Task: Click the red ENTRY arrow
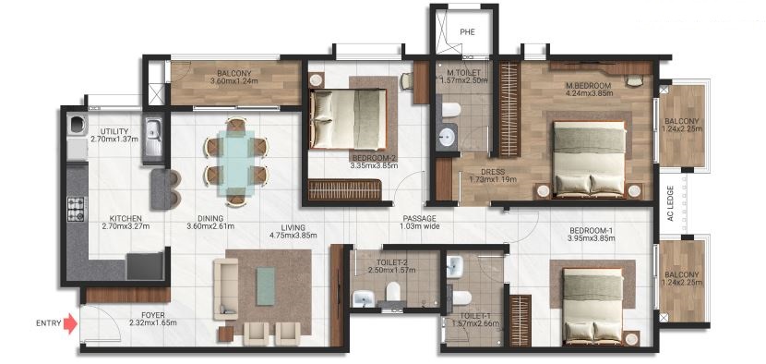(71, 323)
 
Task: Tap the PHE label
(467, 32)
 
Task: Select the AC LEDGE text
(671, 203)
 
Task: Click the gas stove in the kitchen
(76, 210)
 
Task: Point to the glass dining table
(236, 163)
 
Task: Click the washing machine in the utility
(78, 125)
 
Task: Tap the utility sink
(153, 137)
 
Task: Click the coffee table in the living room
(266, 285)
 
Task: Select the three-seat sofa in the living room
(226, 289)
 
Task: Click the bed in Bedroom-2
(348, 119)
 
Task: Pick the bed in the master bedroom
(590, 160)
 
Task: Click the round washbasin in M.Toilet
(446, 137)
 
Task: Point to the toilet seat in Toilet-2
(393, 292)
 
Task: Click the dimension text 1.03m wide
(420, 226)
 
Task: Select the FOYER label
(153, 315)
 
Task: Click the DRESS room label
(489, 172)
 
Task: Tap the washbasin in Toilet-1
(454, 268)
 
